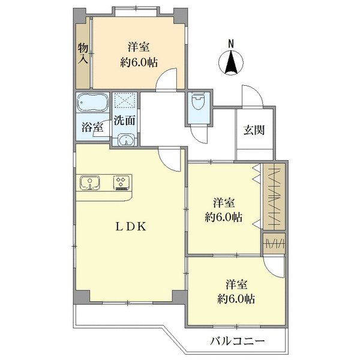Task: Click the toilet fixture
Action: click(x=197, y=102)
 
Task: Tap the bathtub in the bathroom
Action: click(x=92, y=102)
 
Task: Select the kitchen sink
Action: click(x=90, y=182)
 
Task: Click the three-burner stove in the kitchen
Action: click(x=121, y=182)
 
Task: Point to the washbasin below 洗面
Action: click(x=125, y=140)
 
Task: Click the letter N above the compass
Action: click(x=231, y=44)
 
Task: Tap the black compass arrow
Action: click(x=231, y=62)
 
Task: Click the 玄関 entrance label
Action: click(x=254, y=130)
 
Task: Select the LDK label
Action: click(x=130, y=227)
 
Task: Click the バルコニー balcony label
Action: click(x=237, y=341)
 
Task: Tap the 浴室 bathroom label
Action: click(x=92, y=127)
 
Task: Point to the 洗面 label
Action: click(x=124, y=121)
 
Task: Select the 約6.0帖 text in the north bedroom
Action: click(x=139, y=62)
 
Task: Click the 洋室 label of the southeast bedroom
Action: click(x=237, y=284)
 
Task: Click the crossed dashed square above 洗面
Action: click(x=124, y=100)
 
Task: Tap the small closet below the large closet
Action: click(x=274, y=244)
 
